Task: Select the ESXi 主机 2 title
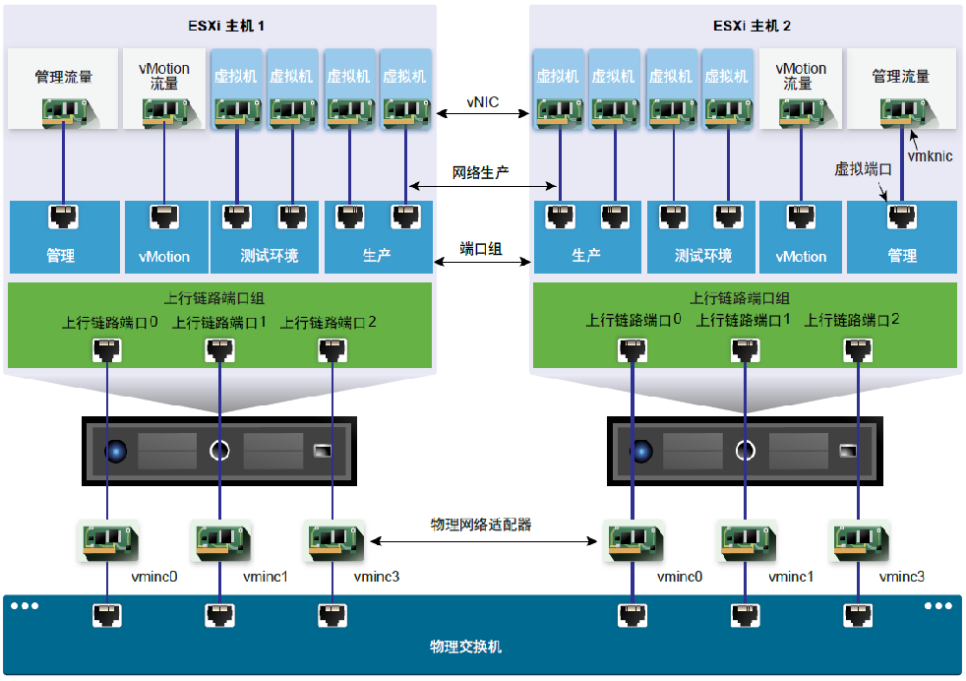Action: pyautogui.click(x=744, y=25)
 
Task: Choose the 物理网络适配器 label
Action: pyautogui.click(x=482, y=525)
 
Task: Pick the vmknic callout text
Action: pyautogui.click(x=931, y=155)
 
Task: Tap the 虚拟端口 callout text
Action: pyautogui.click(x=863, y=169)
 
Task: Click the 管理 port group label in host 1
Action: pyautogui.click(x=61, y=256)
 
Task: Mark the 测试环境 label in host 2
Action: pyautogui.click(x=702, y=256)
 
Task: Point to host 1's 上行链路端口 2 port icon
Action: pyautogui.click(x=331, y=348)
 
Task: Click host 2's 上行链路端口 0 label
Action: pyautogui.click(x=634, y=320)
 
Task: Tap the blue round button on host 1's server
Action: pyautogui.click(x=117, y=452)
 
